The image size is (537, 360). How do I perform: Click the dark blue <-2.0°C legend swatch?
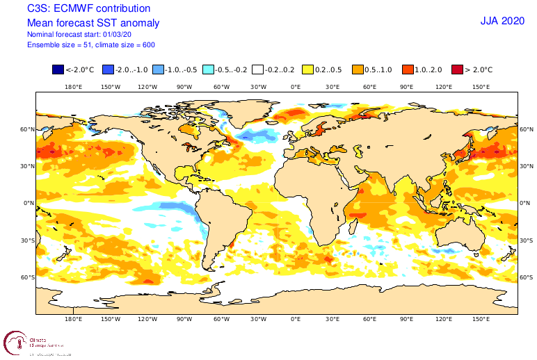click(58, 69)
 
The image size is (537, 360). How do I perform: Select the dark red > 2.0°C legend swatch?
click(458, 69)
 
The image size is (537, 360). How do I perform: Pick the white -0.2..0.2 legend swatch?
click(257, 69)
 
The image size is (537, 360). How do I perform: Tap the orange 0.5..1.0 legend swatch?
click(358, 69)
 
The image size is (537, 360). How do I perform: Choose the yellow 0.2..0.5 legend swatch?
click(307, 69)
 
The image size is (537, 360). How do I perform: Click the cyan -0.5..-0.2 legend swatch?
click(208, 69)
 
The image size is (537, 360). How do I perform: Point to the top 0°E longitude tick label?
click(296, 87)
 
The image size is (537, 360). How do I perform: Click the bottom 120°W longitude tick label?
click(147, 319)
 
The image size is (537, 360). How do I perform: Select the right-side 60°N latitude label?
click(527, 129)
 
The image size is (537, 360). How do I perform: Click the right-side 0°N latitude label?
click(526, 203)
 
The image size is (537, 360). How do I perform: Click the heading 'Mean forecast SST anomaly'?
click(93, 23)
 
